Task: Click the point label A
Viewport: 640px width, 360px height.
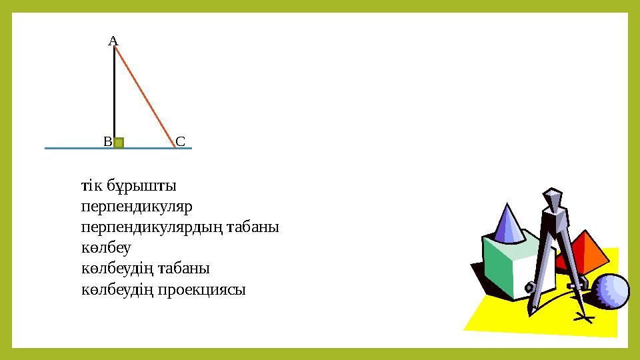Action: pyautogui.click(x=113, y=41)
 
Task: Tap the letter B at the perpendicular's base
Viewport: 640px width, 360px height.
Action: pyautogui.click(x=107, y=142)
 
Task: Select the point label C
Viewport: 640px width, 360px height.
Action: pyautogui.click(x=180, y=141)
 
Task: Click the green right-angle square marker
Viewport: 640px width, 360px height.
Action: pyautogui.click(x=119, y=142)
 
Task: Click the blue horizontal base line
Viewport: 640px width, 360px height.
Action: pyautogui.click(x=73, y=148)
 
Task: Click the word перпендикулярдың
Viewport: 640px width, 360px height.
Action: pyautogui.click(x=152, y=227)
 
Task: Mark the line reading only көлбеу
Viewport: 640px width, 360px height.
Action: pyautogui.click(x=105, y=247)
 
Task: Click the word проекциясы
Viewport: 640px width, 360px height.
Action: pyautogui.click(x=203, y=290)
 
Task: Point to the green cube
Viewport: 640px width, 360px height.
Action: pyautogui.click(x=508, y=267)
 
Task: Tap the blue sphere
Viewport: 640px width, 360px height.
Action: pyautogui.click(x=611, y=291)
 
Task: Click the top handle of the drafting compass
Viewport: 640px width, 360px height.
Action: pyautogui.click(x=553, y=198)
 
